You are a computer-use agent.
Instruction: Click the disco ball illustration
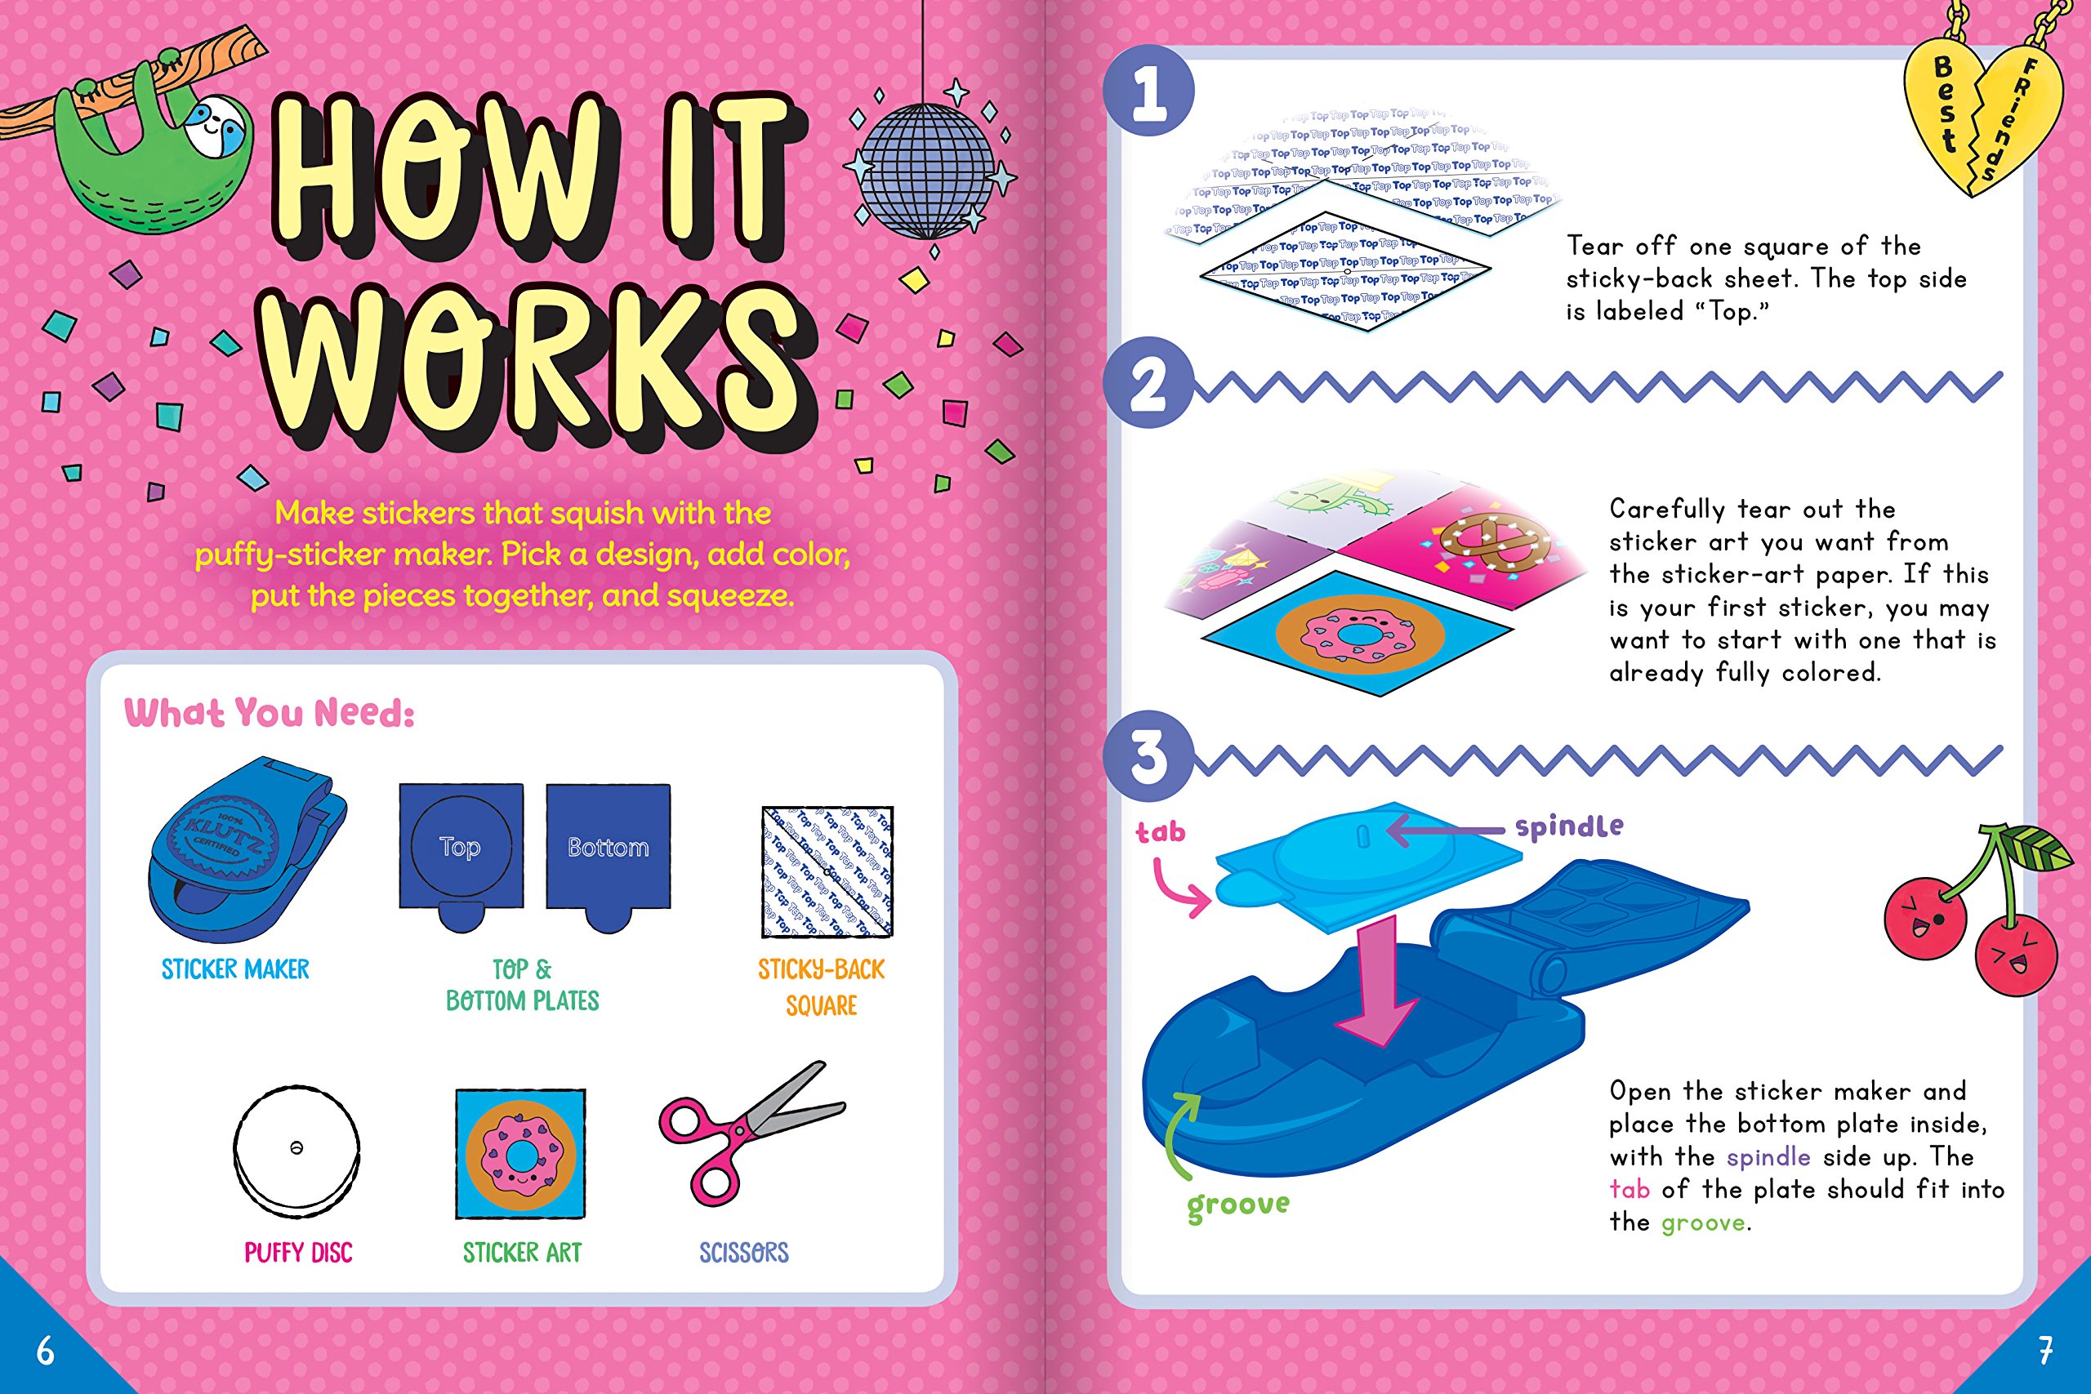point(927,171)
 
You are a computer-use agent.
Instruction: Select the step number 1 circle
point(1148,91)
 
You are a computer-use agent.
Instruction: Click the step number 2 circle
point(1148,383)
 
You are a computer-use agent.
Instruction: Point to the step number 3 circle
point(1148,756)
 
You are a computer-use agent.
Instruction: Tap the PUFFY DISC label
point(299,1253)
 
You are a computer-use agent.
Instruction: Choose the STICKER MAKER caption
point(235,969)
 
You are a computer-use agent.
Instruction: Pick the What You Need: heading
point(270,713)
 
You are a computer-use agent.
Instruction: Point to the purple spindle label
point(1569,826)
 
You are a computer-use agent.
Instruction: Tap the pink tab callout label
point(1161,832)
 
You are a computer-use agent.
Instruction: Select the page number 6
point(46,1352)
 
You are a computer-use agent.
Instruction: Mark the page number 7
point(2045,1352)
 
